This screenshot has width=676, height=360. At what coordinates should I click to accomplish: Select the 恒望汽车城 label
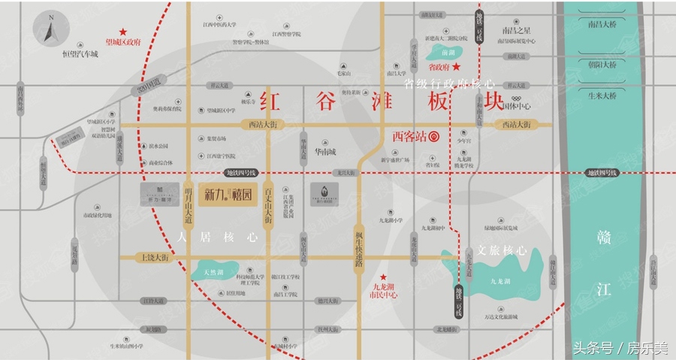pyautogui.click(x=80, y=54)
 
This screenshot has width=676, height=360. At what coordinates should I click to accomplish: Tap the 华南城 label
pyautogui.click(x=321, y=151)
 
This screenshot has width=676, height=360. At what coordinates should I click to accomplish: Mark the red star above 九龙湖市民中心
pyautogui.click(x=383, y=276)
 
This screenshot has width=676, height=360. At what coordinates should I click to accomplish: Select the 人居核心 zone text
pyautogui.click(x=217, y=236)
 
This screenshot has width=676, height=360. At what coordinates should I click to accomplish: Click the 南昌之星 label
pyautogui.click(x=517, y=31)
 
